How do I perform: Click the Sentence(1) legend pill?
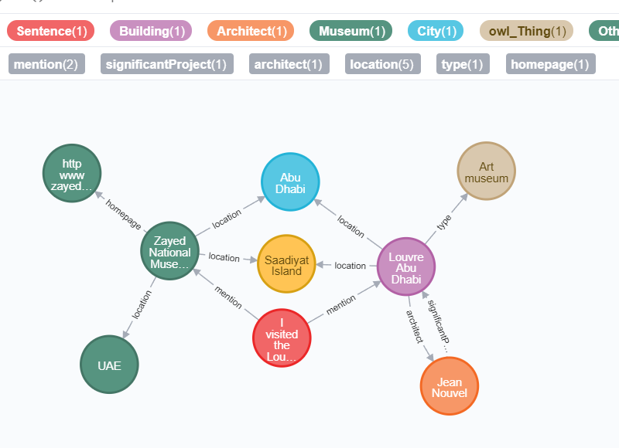[x=51, y=31]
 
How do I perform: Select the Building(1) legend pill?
[x=150, y=31]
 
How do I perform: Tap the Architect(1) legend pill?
[x=251, y=31]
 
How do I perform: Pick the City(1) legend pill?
[x=436, y=31]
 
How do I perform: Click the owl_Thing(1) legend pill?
[x=526, y=31]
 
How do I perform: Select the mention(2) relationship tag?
[x=46, y=64]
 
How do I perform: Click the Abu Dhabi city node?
[x=290, y=182]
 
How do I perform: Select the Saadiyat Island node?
[x=286, y=265]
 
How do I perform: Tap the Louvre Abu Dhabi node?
[x=406, y=266]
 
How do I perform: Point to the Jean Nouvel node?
[x=450, y=386]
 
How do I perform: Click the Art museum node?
[x=486, y=171]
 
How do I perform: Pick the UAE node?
[x=110, y=365]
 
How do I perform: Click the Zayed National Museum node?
[x=170, y=253]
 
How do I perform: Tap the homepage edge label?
[x=124, y=216]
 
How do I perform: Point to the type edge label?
[x=444, y=223]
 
